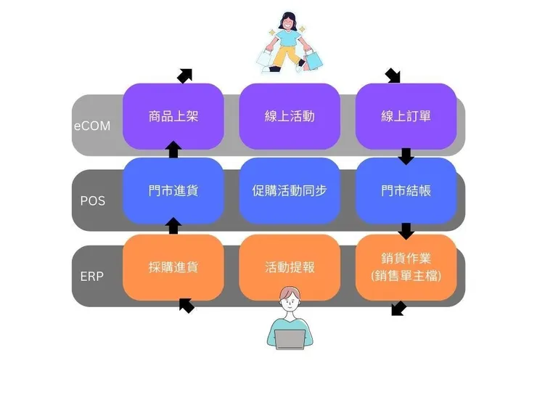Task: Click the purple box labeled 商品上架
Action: (173, 116)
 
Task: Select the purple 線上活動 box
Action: (290, 116)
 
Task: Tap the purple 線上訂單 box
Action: (406, 116)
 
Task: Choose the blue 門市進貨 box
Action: (173, 191)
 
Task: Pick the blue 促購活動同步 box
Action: (290, 191)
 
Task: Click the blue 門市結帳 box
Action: (406, 191)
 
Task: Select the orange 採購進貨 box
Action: (173, 267)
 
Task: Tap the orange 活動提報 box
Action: (290, 267)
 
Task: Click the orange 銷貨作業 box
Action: (406, 267)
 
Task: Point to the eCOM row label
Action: (92, 126)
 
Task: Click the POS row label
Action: (92, 200)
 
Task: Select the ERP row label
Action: (92, 277)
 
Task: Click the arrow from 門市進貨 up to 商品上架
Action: (173, 150)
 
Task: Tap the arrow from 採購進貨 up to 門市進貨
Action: (173, 226)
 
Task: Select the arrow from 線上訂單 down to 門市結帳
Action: (406, 156)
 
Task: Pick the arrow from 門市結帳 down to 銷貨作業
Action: (406, 231)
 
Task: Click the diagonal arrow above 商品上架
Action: (185, 76)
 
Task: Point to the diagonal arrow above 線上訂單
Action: (393, 76)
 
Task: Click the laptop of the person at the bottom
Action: (290, 339)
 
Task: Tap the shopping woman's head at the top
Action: (290, 23)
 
